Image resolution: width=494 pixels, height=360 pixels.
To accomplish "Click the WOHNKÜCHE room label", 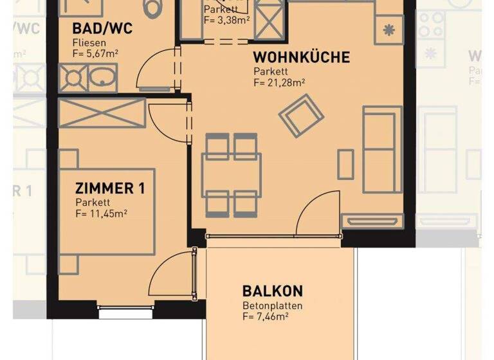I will tap(301, 57).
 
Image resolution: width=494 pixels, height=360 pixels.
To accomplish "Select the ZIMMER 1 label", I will tap(110, 188).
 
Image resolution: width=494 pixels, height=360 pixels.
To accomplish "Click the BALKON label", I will tap(273, 291).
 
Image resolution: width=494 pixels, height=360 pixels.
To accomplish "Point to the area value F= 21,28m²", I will tap(279, 83).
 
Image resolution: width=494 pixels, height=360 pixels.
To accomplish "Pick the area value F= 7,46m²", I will tap(264, 316).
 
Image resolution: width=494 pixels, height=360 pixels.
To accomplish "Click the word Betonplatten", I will tap(272, 305).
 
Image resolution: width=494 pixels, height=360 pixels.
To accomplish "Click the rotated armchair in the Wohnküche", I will tap(301, 116).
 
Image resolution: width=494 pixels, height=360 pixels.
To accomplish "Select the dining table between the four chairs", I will tap(231, 174).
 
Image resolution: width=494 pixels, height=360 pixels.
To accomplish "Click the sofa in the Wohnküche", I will tap(381, 150).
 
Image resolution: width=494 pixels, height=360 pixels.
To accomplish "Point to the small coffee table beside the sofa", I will tap(346, 164).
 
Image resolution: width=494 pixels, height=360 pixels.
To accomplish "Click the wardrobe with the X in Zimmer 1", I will tap(102, 114).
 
